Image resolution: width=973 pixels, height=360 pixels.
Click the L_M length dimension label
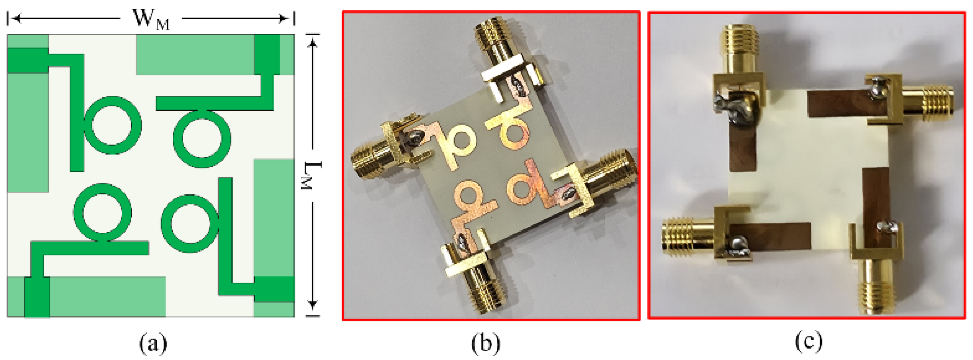pyautogui.click(x=313, y=175)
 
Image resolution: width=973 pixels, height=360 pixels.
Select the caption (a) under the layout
pyautogui.click(x=153, y=343)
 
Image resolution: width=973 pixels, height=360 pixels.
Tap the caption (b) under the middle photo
pyautogui.click(x=486, y=343)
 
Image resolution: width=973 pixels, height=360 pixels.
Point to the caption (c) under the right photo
pyautogui.click(x=809, y=342)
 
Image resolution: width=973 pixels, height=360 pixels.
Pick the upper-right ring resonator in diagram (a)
pyautogui.click(x=202, y=139)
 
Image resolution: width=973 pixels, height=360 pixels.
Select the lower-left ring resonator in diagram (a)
pyautogui.click(x=102, y=213)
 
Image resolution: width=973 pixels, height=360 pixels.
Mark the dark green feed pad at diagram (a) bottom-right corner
pyautogui.click(x=274, y=289)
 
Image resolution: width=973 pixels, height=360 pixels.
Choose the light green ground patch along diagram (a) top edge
pyautogui.click(x=194, y=54)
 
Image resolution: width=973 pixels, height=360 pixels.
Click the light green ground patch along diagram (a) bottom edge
pyautogui.click(x=108, y=297)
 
